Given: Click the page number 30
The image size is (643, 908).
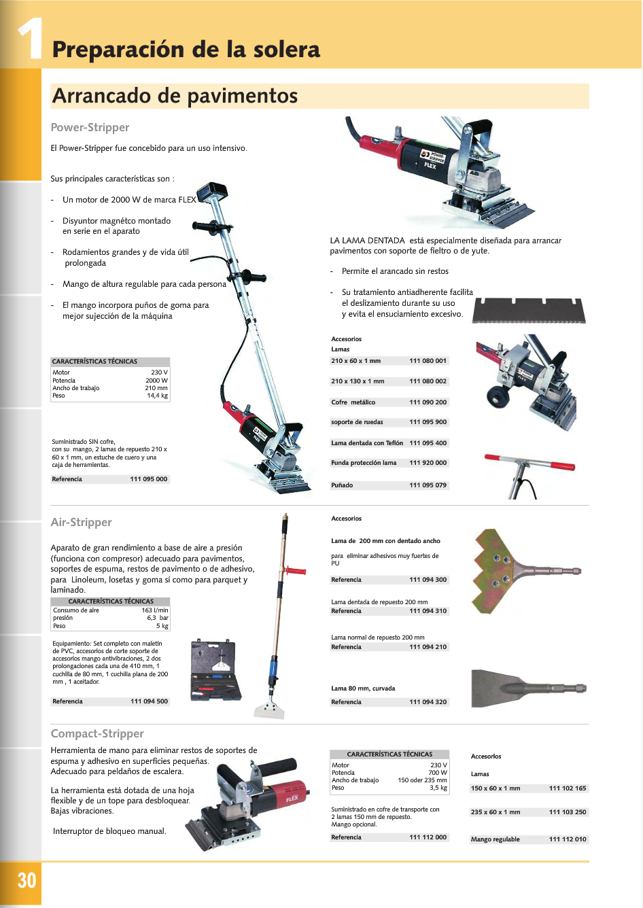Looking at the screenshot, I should (27, 881).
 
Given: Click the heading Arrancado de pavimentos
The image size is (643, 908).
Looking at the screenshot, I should (175, 96).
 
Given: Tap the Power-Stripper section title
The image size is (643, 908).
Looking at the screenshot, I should (90, 127).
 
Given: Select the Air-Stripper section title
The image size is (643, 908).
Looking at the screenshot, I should (81, 522).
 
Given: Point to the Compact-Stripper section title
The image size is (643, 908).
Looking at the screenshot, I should (97, 733).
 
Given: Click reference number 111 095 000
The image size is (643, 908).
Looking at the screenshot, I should (148, 479).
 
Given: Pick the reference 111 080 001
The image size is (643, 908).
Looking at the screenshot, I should (428, 361).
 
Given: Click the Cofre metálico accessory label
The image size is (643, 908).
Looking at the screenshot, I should (353, 402).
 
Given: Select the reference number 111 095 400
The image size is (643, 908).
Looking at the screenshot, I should (428, 443).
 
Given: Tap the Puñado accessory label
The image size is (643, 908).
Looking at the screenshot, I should (342, 485).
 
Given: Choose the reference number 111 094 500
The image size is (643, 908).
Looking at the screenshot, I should (149, 701).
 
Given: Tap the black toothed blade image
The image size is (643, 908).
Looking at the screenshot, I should (529, 311).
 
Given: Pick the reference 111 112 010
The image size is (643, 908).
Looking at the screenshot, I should (568, 839).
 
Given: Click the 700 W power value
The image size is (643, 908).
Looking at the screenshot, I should (438, 773).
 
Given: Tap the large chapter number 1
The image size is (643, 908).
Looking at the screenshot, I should (29, 39).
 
